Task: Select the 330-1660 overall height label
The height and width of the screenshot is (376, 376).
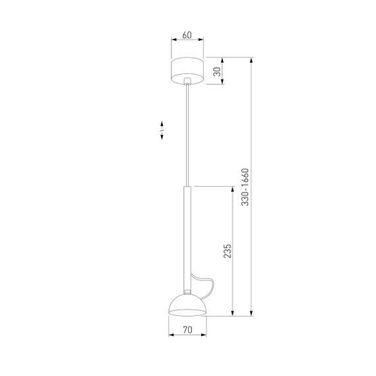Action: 245,188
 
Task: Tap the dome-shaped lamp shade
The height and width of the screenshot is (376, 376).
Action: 187,305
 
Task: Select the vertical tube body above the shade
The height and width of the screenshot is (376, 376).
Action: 187,237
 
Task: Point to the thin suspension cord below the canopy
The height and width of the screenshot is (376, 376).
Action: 188,132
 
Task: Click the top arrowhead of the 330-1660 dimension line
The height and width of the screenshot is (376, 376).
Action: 251,61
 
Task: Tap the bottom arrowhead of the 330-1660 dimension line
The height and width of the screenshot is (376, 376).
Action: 251,313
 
